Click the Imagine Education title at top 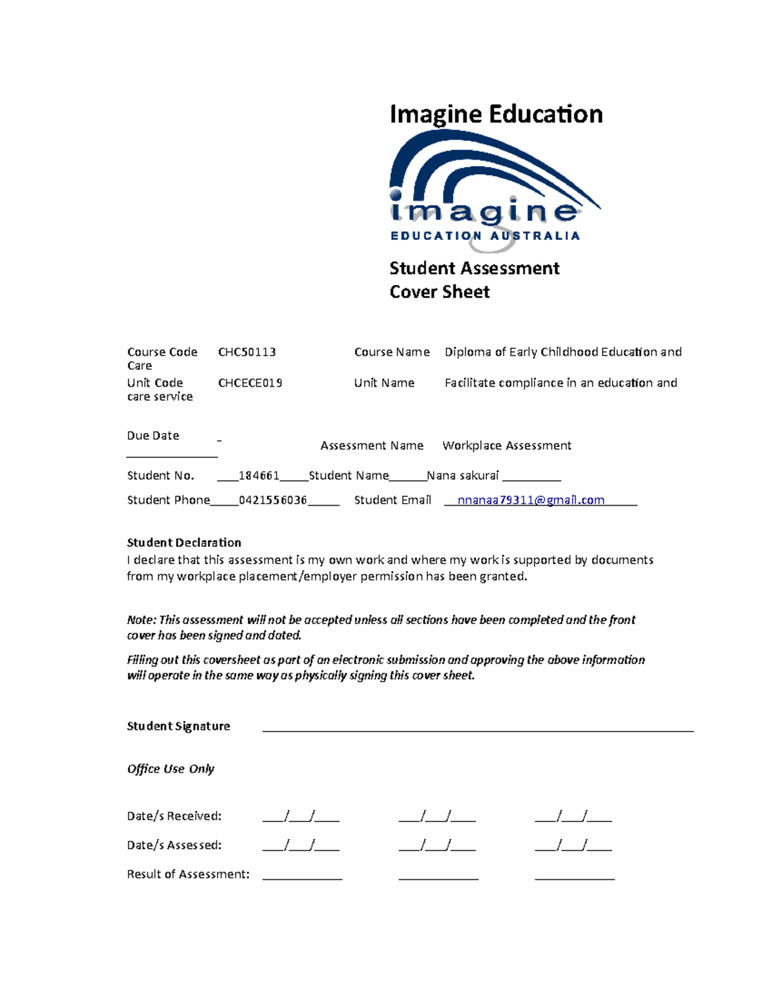496,115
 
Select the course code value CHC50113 247,352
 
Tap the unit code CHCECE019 250,383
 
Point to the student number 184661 259,475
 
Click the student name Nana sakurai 463,475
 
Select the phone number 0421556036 273,500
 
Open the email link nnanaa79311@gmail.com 531,500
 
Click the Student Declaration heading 184,542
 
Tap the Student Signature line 477,729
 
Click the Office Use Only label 170,769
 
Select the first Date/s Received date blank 300,818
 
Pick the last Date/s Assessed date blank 573,847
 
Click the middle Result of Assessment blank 438,876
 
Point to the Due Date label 153,435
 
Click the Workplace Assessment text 506,445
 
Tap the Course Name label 392,352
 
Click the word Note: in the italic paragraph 142,619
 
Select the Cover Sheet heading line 439,292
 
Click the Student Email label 392,500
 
